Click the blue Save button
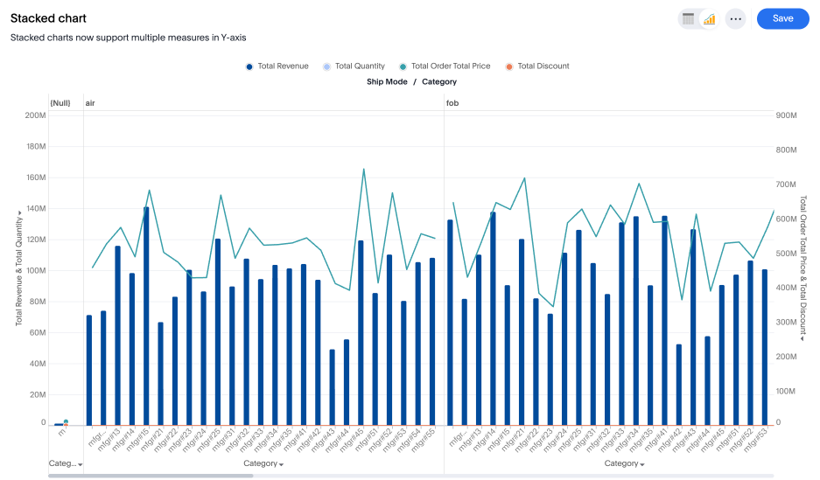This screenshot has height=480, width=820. point(782,18)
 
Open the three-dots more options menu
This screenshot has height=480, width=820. point(735,18)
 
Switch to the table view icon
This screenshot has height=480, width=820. point(688,18)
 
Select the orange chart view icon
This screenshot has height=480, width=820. point(710,18)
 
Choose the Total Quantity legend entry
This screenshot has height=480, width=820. point(354,66)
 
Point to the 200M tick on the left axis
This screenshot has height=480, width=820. point(36,115)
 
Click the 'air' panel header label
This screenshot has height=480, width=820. point(90,103)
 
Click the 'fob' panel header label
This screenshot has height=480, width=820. point(452,103)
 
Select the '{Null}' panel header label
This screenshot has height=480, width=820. point(60,103)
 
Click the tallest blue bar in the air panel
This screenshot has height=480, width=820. point(146,315)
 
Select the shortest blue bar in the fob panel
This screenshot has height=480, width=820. point(679,385)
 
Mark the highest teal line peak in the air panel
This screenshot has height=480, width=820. point(363,170)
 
